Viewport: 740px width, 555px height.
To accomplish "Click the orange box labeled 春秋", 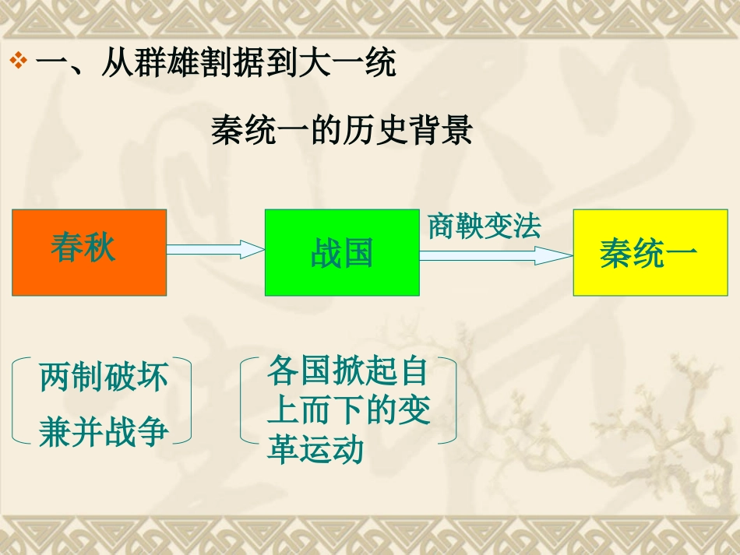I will click(x=89, y=253).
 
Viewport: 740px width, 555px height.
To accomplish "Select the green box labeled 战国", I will click(x=342, y=253).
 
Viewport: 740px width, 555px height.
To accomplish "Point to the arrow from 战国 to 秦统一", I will click(x=496, y=255).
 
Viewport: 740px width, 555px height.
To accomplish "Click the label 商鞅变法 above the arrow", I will click(x=485, y=227).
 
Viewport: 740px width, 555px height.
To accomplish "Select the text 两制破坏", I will click(x=104, y=378).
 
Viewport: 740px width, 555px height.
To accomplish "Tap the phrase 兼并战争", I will click(x=104, y=431).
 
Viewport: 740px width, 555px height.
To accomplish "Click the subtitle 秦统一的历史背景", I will click(x=341, y=130).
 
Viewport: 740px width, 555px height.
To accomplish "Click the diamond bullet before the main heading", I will click(x=19, y=61).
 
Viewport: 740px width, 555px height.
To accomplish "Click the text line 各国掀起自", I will click(x=347, y=371).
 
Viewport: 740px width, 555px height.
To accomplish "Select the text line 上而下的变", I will click(x=348, y=411).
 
